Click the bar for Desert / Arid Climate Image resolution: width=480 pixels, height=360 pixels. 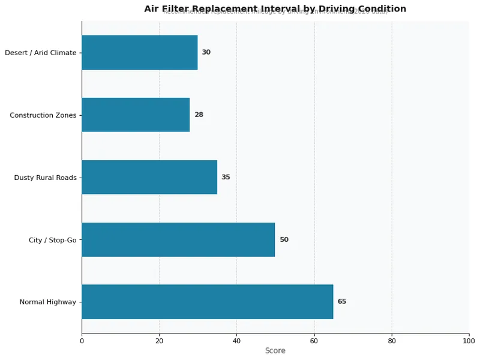[x=139, y=52]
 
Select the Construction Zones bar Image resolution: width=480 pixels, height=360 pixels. [x=136, y=115]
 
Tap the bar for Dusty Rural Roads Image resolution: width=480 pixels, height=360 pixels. [x=149, y=177]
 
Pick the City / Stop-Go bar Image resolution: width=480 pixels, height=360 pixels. [x=178, y=239]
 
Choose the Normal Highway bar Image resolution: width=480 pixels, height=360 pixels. [x=207, y=302]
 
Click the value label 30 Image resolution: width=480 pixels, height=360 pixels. [x=206, y=52]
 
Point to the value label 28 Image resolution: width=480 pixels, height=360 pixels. [x=199, y=115]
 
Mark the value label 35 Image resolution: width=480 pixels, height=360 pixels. [x=226, y=177]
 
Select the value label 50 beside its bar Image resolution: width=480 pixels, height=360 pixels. [x=284, y=239]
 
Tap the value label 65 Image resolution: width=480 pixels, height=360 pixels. [x=342, y=302]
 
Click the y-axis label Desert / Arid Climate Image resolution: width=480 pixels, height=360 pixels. [x=41, y=53]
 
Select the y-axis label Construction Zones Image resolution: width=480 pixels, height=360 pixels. [x=43, y=115]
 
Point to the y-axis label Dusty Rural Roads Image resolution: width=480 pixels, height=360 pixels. [x=46, y=178]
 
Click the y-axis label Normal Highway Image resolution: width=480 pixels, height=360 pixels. [x=48, y=302]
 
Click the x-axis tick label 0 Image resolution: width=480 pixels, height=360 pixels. [x=82, y=341]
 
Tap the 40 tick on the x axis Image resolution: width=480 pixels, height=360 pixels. [x=236, y=341]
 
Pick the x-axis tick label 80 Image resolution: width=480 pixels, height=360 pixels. [x=392, y=341]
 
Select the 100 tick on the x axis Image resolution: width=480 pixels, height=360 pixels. [x=469, y=341]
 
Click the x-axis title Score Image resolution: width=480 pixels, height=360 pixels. [x=275, y=351]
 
